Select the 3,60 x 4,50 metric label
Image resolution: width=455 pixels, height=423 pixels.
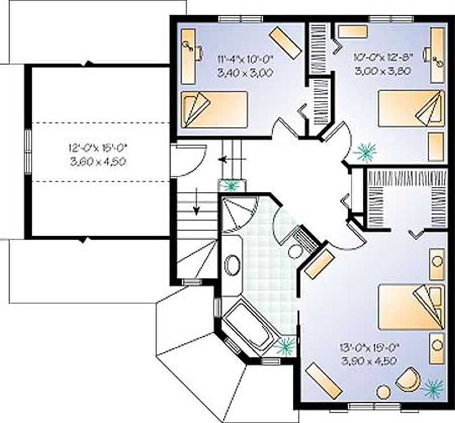(x=97, y=162)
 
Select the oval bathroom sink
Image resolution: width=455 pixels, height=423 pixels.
(x=232, y=265)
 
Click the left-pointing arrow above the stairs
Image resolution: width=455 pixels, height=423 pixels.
(x=227, y=159)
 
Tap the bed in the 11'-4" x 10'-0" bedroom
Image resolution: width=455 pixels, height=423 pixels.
(x=214, y=109)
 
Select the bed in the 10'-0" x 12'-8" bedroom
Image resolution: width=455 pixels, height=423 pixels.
(x=411, y=108)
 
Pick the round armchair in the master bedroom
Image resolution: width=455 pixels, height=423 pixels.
(x=408, y=380)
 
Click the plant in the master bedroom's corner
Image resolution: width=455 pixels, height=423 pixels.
(x=433, y=388)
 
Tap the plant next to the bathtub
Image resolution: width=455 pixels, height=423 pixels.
(x=284, y=344)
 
